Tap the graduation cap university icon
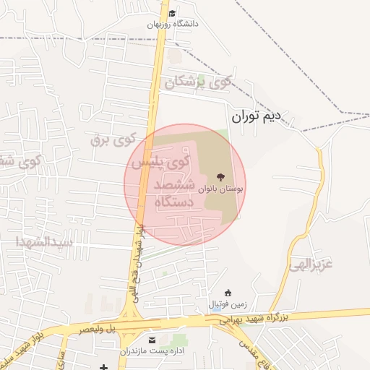(x=172, y=13)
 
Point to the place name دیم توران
(x=259, y=116)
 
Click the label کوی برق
(x=113, y=139)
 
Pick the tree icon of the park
(x=219, y=176)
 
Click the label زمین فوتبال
(x=228, y=304)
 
